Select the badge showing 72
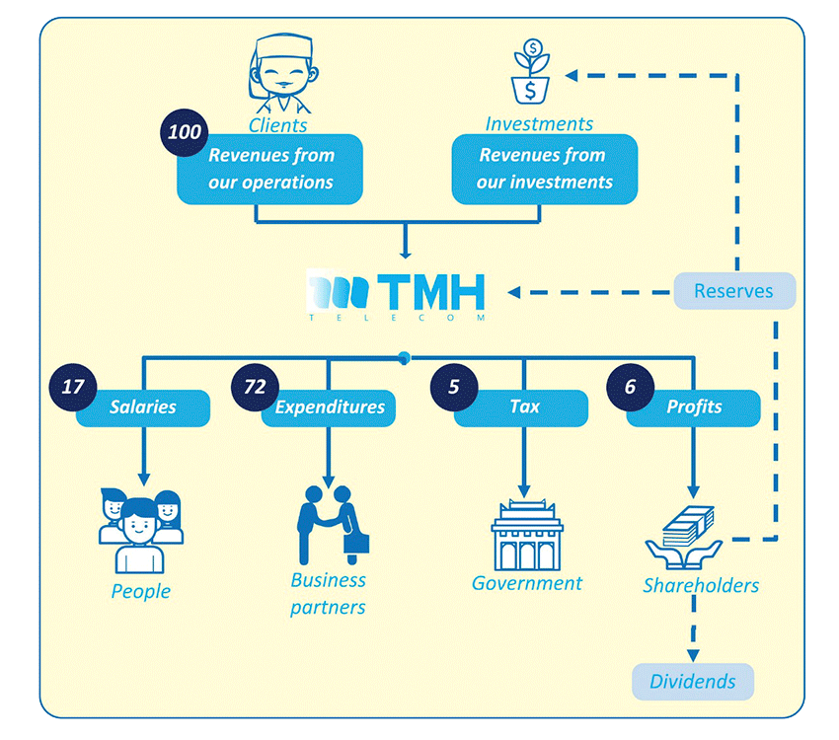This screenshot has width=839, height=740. tap(255, 387)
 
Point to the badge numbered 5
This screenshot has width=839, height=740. tap(453, 387)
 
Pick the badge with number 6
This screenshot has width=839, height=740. tap(630, 387)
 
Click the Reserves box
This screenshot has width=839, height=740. tap(733, 291)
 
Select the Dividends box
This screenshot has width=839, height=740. tap(692, 682)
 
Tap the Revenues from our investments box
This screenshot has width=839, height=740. tap(544, 169)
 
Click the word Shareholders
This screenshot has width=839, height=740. tap(701, 585)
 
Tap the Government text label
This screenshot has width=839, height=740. tap(526, 583)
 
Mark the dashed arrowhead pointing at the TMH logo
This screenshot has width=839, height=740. tap(516, 292)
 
